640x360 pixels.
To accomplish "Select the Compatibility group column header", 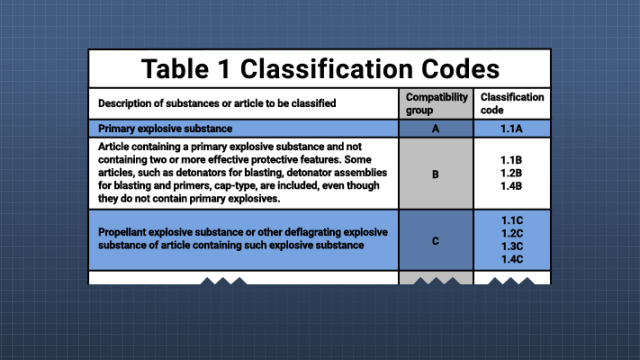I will [x=435, y=103].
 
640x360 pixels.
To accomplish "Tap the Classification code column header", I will [x=512, y=103].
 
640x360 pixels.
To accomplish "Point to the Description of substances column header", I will [x=216, y=104].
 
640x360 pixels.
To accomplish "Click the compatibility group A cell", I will [x=435, y=128].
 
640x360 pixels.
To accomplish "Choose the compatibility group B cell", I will [x=435, y=173].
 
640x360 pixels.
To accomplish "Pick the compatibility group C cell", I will [x=435, y=240].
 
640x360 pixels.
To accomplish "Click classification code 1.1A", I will [x=512, y=128].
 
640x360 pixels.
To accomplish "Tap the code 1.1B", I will [x=512, y=159].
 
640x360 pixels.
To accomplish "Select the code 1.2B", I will [x=512, y=173].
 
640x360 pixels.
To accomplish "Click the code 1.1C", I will [x=512, y=218].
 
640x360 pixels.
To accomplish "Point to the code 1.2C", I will [x=512, y=232].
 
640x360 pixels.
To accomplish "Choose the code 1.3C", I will [x=512, y=246].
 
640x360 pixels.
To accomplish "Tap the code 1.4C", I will [x=512, y=260].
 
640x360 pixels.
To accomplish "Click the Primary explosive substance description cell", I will [x=165, y=128].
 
